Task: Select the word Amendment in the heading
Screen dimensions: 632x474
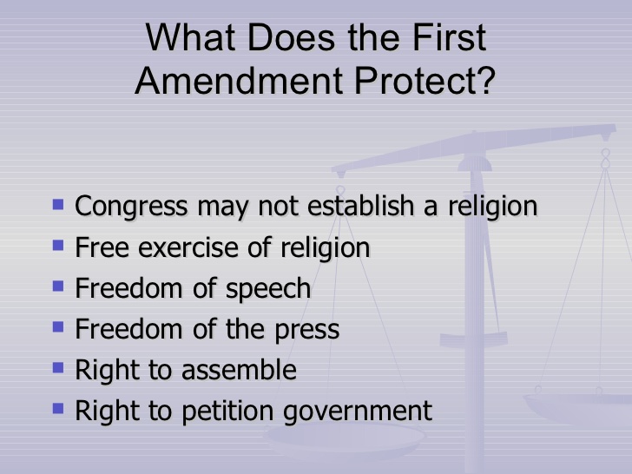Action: click(239, 80)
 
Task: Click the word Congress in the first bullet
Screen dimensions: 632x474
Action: click(131, 207)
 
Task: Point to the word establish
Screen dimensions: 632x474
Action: click(361, 205)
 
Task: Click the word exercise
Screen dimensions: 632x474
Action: click(188, 247)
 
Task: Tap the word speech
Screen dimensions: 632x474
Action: click(268, 289)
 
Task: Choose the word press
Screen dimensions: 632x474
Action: click(306, 331)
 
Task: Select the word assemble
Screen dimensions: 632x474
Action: click(239, 370)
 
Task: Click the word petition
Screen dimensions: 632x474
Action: click(227, 411)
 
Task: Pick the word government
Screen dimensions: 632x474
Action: click(358, 411)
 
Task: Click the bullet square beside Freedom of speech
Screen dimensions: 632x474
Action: click(58, 286)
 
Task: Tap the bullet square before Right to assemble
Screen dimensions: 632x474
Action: click(58, 367)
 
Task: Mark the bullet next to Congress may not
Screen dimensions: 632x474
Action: click(58, 204)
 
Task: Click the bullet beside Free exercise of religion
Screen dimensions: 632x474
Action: click(58, 245)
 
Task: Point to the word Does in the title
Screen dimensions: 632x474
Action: click(291, 37)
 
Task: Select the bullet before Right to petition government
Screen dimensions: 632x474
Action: click(58, 409)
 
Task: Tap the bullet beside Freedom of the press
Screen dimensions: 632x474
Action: click(58, 326)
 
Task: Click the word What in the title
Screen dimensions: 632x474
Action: click(191, 37)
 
